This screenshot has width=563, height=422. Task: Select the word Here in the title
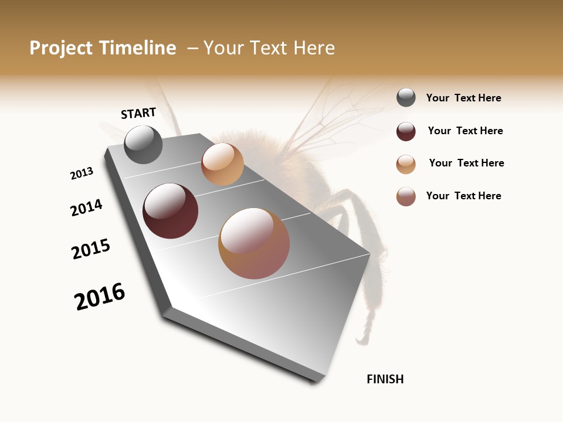(x=314, y=48)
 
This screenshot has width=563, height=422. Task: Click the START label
(x=138, y=113)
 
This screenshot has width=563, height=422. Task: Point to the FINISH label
(x=385, y=379)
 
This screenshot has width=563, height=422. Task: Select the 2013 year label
(x=82, y=173)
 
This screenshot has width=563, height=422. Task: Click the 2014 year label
(x=87, y=207)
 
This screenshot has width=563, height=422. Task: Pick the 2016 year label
(x=100, y=297)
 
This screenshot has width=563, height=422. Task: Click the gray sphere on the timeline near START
(x=143, y=144)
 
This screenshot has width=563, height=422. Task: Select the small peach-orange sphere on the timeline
(x=222, y=164)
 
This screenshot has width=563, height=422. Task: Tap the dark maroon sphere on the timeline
(x=170, y=211)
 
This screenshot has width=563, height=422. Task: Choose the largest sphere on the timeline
(x=254, y=243)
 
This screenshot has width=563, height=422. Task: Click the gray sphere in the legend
(x=406, y=98)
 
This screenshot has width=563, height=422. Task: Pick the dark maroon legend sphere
(x=406, y=131)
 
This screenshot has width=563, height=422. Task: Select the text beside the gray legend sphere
(x=463, y=98)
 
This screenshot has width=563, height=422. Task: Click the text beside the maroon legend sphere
(x=465, y=131)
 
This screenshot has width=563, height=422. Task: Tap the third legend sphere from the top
(x=406, y=164)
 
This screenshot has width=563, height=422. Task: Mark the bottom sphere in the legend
(x=406, y=197)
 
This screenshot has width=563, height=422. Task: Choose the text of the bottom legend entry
(x=463, y=196)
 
